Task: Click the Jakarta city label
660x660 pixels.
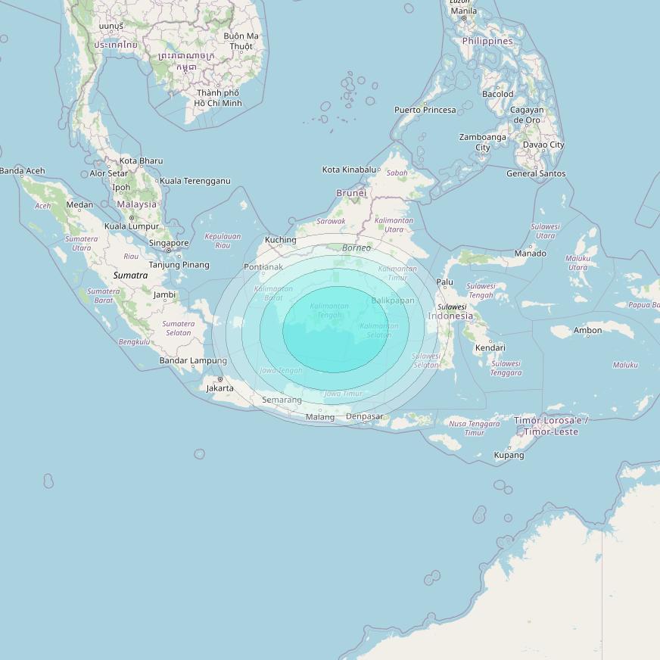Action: [219, 388]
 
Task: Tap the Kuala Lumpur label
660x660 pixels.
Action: [132, 226]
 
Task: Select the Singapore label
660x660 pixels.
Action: [168, 244]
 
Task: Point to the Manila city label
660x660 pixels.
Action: [463, 11]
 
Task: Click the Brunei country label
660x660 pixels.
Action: [351, 193]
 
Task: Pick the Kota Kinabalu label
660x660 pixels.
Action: [349, 170]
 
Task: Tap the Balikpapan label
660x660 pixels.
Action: [393, 300]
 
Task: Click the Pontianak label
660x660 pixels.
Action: [263, 267]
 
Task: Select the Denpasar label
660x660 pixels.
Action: [366, 417]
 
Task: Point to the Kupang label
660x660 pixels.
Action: [509, 455]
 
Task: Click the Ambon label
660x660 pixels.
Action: [587, 330]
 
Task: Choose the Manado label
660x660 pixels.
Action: [530, 254]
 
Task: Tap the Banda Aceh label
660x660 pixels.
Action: [23, 171]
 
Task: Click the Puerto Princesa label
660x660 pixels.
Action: [425, 110]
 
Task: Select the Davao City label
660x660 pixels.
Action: [543, 145]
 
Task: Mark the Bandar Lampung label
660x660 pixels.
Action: [193, 360]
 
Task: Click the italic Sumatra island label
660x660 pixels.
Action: [130, 276]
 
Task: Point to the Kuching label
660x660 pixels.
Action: [280, 240]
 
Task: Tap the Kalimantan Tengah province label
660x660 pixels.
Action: [329, 310]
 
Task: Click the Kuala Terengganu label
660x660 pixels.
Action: [195, 181]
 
